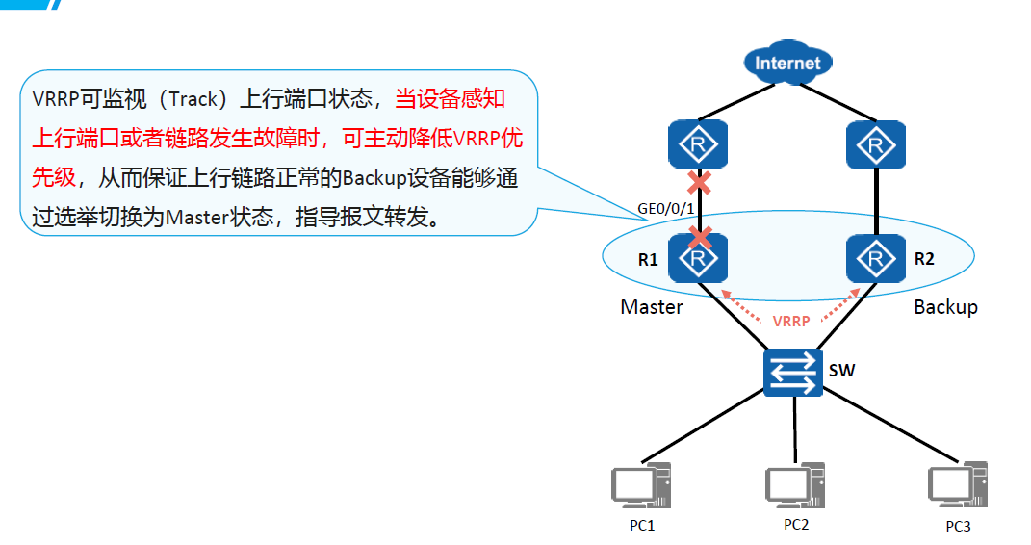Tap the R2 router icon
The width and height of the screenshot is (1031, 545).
pos(876,258)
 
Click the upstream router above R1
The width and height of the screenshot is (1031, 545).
pos(698,146)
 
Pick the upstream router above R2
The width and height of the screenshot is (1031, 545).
pos(876,146)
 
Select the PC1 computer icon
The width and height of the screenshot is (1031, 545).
pos(641,487)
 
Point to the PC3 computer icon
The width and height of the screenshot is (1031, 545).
pos(956,487)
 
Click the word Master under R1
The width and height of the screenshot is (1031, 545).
pos(652,307)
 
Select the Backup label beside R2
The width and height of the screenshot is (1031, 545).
pos(945,307)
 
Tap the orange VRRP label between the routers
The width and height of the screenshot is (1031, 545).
pos(791,322)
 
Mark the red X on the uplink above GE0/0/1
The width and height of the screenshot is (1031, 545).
pos(698,182)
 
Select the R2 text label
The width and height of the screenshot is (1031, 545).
pos(924,258)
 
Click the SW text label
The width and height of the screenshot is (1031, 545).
pos(841,370)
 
